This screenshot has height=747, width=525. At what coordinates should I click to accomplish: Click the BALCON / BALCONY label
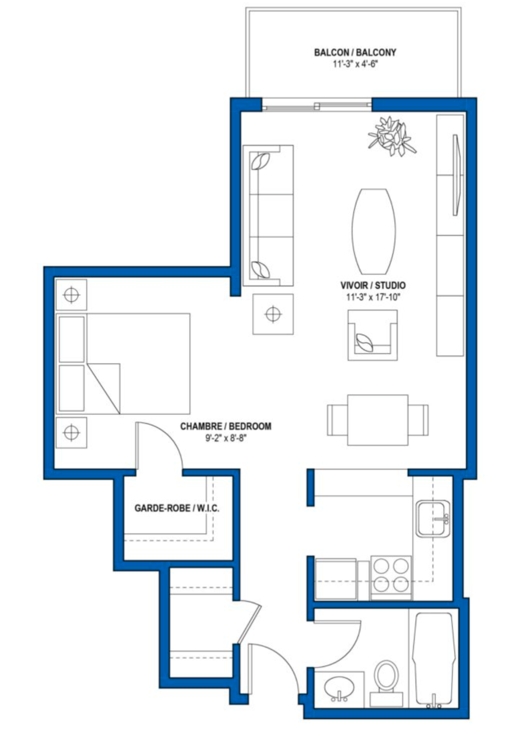click(355, 53)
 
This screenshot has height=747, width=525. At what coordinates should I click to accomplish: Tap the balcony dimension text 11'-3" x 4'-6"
click(355, 64)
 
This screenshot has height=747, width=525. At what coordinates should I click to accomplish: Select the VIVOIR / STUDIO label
click(373, 285)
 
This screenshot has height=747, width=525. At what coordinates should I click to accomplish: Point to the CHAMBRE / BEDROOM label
click(226, 426)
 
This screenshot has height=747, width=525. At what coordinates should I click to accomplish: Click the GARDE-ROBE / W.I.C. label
click(177, 508)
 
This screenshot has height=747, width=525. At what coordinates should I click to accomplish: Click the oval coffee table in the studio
click(374, 232)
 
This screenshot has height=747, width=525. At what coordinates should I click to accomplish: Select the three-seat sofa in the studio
click(268, 216)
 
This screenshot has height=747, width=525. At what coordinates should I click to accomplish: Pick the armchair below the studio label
click(372, 335)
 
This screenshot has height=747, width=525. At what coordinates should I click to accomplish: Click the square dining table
click(378, 420)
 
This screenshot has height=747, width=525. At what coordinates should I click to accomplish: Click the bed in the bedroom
click(123, 364)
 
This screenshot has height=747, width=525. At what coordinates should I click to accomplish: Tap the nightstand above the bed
click(72, 295)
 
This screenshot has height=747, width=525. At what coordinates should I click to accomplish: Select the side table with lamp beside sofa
click(273, 314)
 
